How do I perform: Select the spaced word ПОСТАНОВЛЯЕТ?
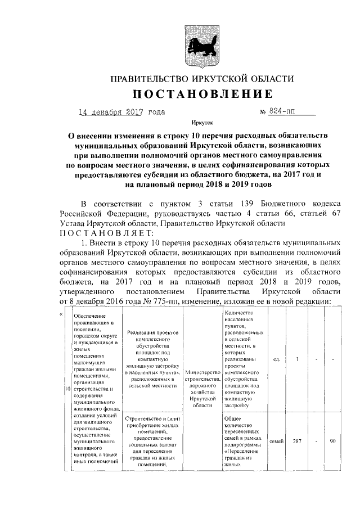coord(98,234)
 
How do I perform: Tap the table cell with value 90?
coord(333,441)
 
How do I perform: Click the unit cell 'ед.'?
coord(276,359)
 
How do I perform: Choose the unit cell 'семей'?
coord(276,441)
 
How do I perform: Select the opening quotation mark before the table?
coord(61,313)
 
